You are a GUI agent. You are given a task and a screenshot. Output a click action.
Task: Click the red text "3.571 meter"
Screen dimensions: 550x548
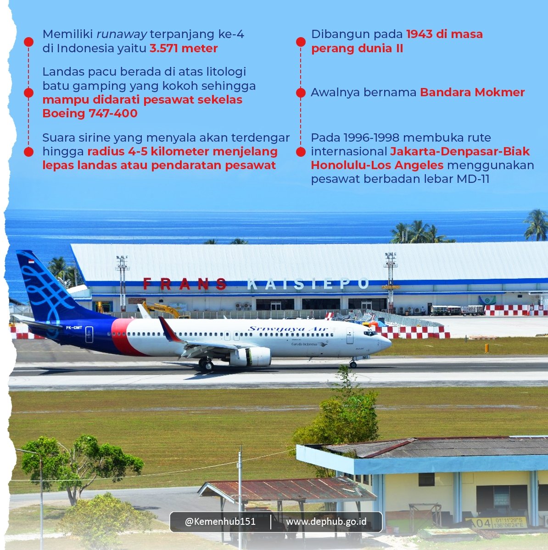tap(184, 48)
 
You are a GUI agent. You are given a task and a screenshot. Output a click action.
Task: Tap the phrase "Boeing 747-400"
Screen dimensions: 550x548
tap(90, 113)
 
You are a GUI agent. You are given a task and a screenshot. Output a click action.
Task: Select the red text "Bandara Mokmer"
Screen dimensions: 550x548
tap(472, 92)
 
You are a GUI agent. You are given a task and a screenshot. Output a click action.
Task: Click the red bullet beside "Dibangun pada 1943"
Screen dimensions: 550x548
tap(301, 42)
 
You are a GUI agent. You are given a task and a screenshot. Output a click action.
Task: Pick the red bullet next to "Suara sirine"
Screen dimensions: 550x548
tap(28, 152)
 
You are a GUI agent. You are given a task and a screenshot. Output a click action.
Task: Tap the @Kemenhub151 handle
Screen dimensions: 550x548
tap(220, 522)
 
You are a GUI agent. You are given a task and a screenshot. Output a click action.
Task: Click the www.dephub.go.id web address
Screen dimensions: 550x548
tap(326, 522)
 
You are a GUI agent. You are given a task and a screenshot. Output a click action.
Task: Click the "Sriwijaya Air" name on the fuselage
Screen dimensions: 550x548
tap(288, 329)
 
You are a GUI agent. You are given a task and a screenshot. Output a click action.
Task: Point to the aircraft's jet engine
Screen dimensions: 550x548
tap(250, 357)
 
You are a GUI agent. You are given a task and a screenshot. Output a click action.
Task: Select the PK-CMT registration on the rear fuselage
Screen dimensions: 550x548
tap(74, 328)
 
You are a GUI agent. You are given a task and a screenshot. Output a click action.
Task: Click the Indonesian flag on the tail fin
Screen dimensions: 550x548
tap(31, 262)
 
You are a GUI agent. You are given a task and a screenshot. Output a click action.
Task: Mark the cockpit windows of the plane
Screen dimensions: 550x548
tap(370, 333)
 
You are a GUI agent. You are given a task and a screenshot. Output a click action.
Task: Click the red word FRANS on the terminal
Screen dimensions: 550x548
tap(185, 284)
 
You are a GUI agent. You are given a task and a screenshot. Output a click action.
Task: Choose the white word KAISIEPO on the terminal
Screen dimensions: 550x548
tap(308, 284)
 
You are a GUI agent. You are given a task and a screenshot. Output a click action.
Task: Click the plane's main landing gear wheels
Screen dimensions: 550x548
tap(207, 365)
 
